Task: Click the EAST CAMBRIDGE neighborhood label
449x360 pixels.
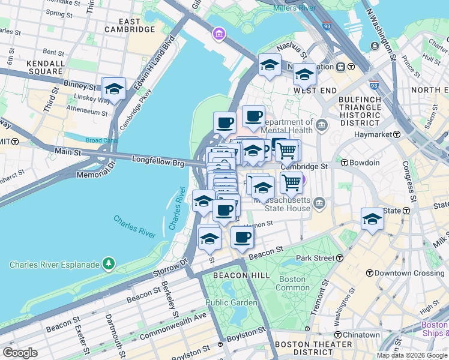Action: (x=130, y=25)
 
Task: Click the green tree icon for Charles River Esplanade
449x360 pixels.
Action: (x=108, y=263)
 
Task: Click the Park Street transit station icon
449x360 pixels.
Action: (x=340, y=258)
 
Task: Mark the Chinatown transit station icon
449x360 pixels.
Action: (x=337, y=335)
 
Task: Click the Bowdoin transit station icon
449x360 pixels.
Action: (x=345, y=163)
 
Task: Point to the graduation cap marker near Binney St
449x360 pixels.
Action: (x=113, y=89)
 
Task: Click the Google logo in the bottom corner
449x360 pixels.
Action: (x=20, y=352)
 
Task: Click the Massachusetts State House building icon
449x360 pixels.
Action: (x=320, y=204)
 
